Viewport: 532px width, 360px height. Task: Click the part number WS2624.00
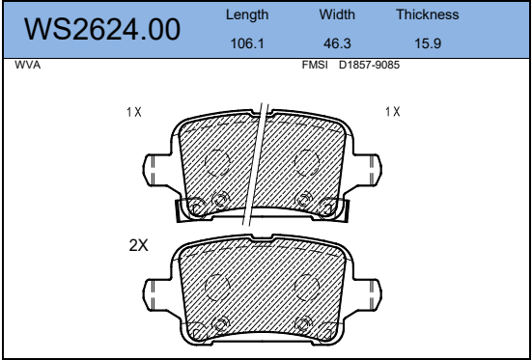tap(102, 30)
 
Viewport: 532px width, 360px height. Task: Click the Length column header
tap(247, 14)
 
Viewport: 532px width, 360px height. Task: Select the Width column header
tap(337, 14)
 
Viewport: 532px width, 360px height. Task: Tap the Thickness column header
tap(428, 14)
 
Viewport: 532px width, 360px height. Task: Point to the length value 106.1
tap(247, 43)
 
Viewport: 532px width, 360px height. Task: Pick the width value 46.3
tap(337, 43)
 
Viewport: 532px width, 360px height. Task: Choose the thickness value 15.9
tap(428, 43)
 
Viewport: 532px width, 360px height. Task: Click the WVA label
tap(27, 65)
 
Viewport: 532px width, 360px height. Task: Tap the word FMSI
tap(315, 65)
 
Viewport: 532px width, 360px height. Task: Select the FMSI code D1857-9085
tap(369, 65)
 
